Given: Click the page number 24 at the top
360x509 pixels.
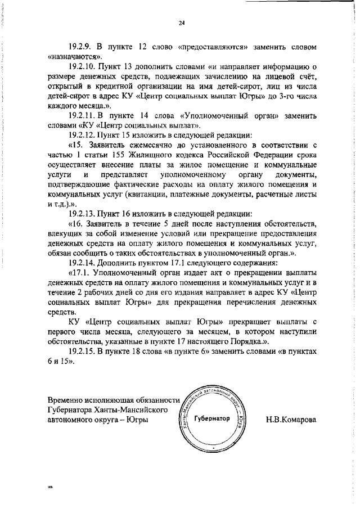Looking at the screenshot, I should pyautogui.click(x=181, y=22).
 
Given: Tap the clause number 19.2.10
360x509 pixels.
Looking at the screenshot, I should pyautogui.click(x=83, y=68).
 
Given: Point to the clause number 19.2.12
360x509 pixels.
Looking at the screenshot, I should pyautogui.click(x=83, y=136).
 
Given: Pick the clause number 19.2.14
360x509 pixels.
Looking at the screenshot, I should pyautogui.click(x=83, y=262).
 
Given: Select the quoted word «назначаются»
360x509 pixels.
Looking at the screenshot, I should pyautogui.click(x=75, y=56).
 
